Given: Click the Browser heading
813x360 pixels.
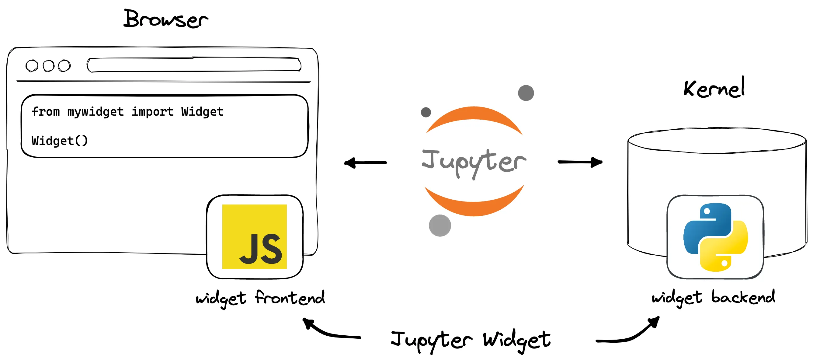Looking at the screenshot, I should pyautogui.click(x=166, y=19).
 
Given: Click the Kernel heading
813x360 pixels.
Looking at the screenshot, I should pyautogui.click(x=714, y=88).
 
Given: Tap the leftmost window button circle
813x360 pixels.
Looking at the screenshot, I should pyautogui.click(x=32, y=66).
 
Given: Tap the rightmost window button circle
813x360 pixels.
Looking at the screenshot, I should pyautogui.click(x=64, y=66).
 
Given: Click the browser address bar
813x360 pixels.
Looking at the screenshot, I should pyautogui.click(x=194, y=65).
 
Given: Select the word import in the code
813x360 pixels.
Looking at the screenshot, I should pyautogui.click(x=152, y=112).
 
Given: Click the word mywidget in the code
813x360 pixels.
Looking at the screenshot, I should pyautogui.click(x=95, y=112).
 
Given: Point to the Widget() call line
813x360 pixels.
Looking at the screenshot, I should pyautogui.click(x=60, y=141).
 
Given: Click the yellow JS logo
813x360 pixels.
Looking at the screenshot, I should pyautogui.click(x=254, y=237).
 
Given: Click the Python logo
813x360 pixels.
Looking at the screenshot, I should pyautogui.click(x=715, y=237).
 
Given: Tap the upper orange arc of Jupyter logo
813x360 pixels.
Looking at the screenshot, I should pyautogui.click(x=474, y=117).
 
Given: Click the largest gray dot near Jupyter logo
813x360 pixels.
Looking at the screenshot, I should pyautogui.click(x=440, y=225).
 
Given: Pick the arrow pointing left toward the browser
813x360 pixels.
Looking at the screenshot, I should pyautogui.click(x=366, y=163).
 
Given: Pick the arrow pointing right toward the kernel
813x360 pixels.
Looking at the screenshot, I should pyautogui.click(x=580, y=162).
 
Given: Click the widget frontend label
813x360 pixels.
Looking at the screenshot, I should pyautogui.click(x=260, y=298).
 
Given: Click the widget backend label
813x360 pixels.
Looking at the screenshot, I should pyautogui.click(x=713, y=298).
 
